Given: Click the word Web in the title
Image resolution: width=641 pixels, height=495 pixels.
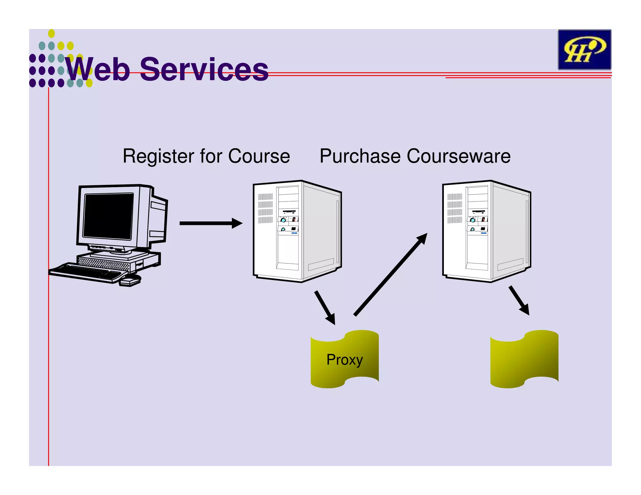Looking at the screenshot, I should pos(97,69).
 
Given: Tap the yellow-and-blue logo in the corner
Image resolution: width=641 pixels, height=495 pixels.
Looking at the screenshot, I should pos(584,49).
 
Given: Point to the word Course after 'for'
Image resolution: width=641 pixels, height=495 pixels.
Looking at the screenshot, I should pos(259,156).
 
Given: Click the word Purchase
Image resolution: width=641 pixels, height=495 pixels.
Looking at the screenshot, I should pos(360,156).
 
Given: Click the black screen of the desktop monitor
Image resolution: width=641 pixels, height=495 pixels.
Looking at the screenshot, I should pos(108,216).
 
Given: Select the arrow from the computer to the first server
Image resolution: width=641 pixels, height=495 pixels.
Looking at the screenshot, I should pos(210,223).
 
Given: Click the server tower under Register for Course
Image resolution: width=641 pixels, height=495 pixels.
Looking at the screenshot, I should pos(297,232).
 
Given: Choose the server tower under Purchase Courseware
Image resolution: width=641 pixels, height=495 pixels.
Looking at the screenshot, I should pos(487,232).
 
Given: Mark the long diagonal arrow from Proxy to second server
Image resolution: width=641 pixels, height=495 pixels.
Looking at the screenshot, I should pos(391,275).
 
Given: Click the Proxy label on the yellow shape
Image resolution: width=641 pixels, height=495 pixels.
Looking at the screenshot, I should pos(345,360).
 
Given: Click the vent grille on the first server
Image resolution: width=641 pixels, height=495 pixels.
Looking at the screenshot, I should pos(265,208).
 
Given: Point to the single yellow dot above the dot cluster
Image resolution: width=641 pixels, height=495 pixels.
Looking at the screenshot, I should pos(51,33).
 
